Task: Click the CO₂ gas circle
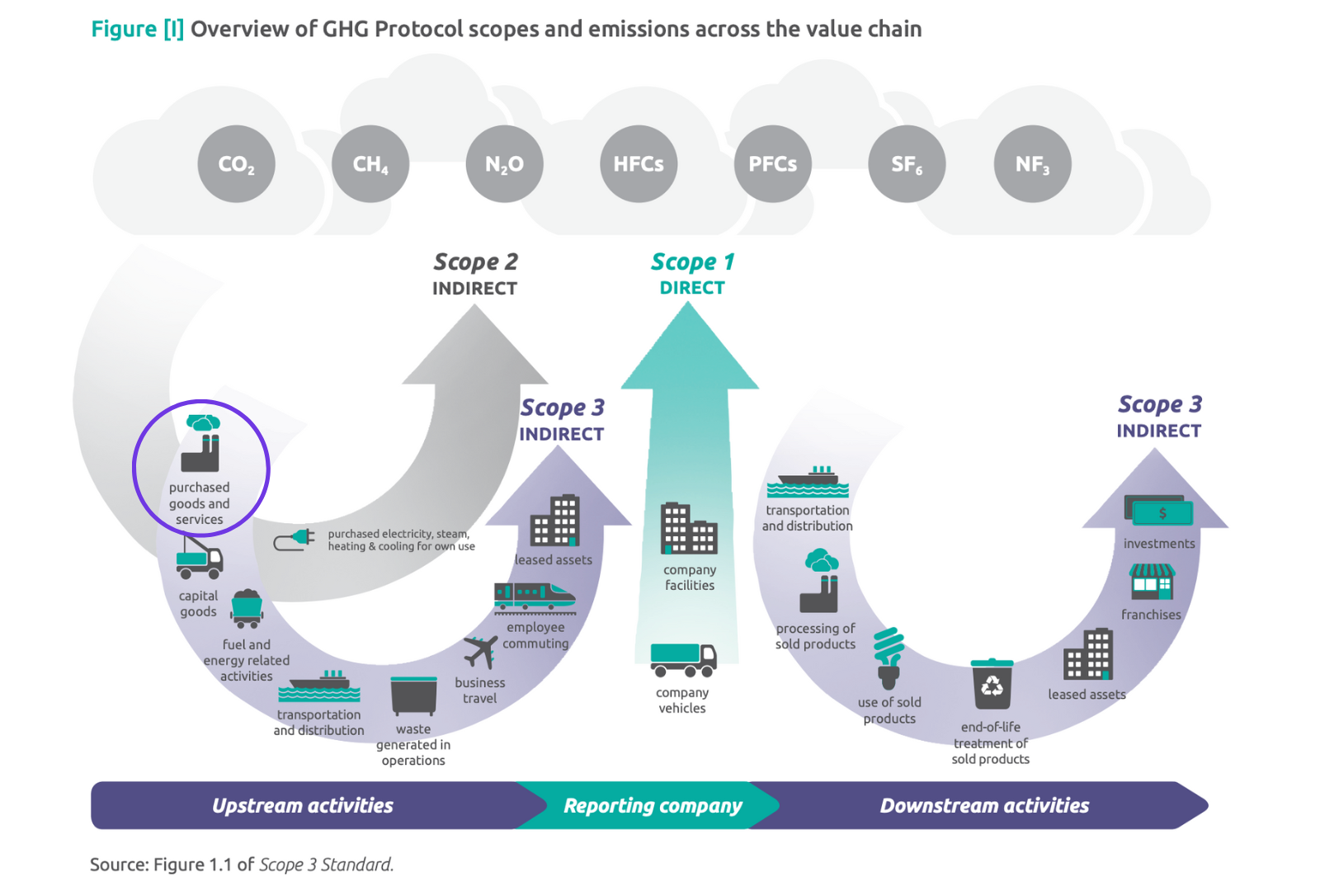click(x=236, y=164)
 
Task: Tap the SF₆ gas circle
click(x=907, y=164)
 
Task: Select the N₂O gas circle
click(x=504, y=164)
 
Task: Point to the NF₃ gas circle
click(x=1032, y=164)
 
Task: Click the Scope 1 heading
click(x=692, y=262)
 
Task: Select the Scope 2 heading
click(x=475, y=262)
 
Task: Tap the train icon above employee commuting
click(x=534, y=597)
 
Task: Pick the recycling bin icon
click(x=992, y=684)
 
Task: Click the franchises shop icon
click(x=1153, y=582)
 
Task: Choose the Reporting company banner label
click(x=653, y=805)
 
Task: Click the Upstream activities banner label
click(x=303, y=805)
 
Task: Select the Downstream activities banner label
click(x=984, y=805)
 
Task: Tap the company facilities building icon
click(x=688, y=529)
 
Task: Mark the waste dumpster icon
click(x=413, y=695)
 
